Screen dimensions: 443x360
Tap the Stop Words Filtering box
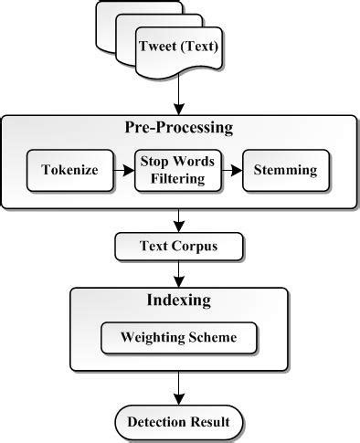178,170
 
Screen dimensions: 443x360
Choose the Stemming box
285,170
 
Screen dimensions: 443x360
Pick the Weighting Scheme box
178,337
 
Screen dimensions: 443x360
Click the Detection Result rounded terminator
179,422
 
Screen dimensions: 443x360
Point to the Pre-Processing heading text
179,127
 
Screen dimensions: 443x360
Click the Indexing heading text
178,300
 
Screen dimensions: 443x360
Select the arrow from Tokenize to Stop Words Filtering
121,170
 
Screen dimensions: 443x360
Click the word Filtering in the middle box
178,178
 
